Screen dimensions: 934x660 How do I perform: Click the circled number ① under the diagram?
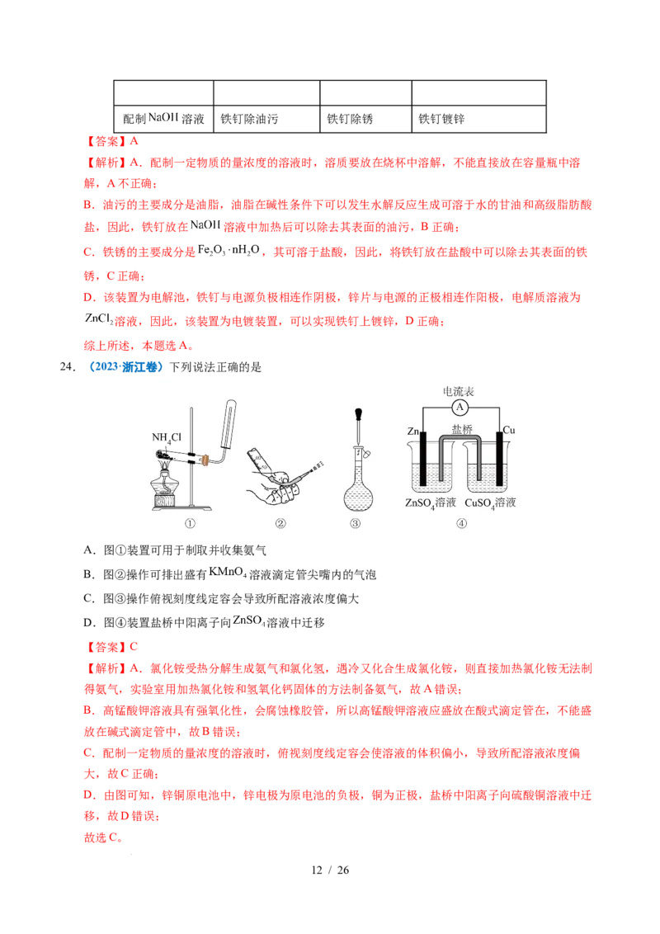[x=191, y=523]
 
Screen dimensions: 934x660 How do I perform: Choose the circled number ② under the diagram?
[x=280, y=523]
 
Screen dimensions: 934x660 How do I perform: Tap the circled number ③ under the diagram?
[x=356, y=523]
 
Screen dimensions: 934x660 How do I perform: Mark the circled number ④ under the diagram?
[x=461, y=523]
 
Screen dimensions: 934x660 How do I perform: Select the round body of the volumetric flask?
[x=356, y=496]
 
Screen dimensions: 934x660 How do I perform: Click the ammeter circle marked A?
[x=460, y=407]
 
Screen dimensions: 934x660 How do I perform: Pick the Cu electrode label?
[x=509, y=431]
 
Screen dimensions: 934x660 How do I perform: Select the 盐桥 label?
[x=461, y=429]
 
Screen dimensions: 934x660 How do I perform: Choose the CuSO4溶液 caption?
[x=490, y=502]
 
